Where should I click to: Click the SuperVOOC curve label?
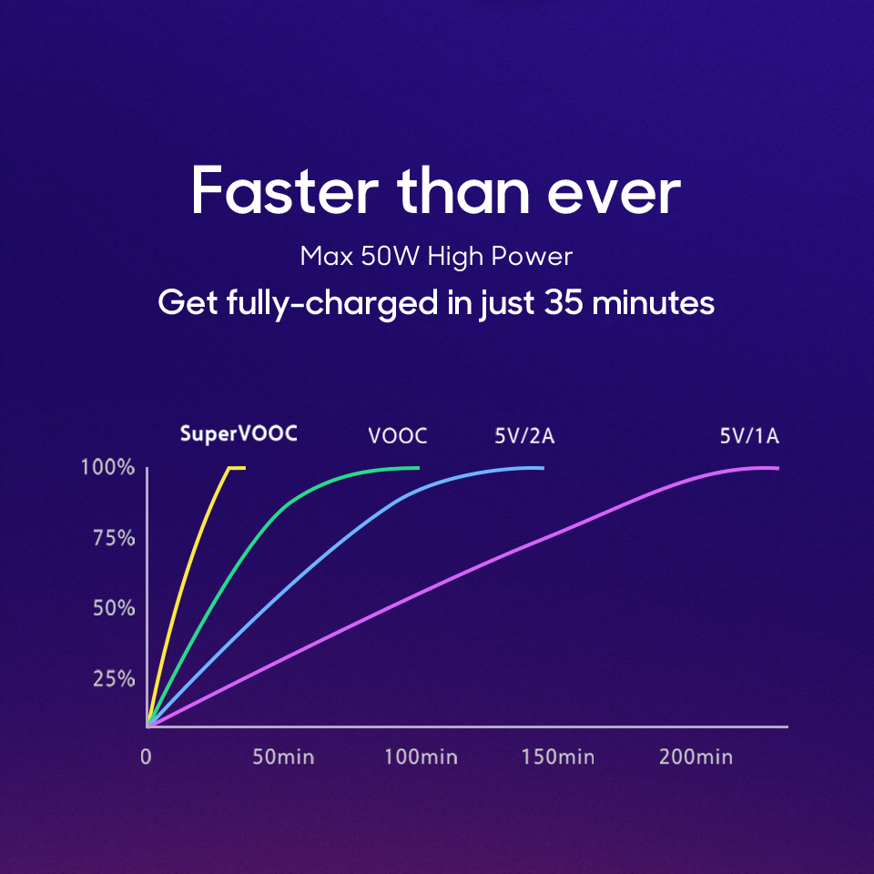point(238,433)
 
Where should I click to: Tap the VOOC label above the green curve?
point(397,436)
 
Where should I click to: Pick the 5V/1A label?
point(748,436)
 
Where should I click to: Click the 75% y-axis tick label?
point(115,538)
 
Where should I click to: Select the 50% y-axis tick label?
point(115,608)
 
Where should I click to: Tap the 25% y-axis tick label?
point(115,679)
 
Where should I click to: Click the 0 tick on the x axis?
point(146,757)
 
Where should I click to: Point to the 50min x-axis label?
point(282,757)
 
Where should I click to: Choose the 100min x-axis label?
point(420,757)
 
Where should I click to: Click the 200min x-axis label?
point(695,757)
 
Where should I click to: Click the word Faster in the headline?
point(283,191)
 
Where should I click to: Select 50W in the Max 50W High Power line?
point(387,257)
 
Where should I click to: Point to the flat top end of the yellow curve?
point(239,467)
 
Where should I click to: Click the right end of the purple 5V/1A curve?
point(777,468)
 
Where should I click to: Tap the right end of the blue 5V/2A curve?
point(542,468)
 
